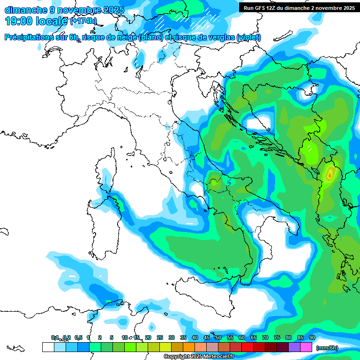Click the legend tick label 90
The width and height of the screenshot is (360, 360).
[312, 337]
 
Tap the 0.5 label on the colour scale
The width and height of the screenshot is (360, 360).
[78, 337]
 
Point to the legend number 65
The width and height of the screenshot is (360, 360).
[253, 337]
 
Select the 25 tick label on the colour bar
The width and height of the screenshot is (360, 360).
[159, 337]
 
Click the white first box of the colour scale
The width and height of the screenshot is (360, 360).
[48, 347]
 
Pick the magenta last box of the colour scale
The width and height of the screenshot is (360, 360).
[306, 347]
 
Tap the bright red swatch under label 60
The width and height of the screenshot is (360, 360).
[247, 347]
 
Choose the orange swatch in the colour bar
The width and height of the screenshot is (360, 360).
[189, 347]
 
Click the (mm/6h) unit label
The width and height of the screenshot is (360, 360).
[327, 348]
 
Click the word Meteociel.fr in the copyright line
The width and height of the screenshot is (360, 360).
[216, 357]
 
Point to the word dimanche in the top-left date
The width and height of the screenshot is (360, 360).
[25, 10]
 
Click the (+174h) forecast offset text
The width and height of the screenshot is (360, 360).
[83, 21]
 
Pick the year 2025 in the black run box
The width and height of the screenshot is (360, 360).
[345, 8]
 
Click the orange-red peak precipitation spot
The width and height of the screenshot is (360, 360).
[330, 175]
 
